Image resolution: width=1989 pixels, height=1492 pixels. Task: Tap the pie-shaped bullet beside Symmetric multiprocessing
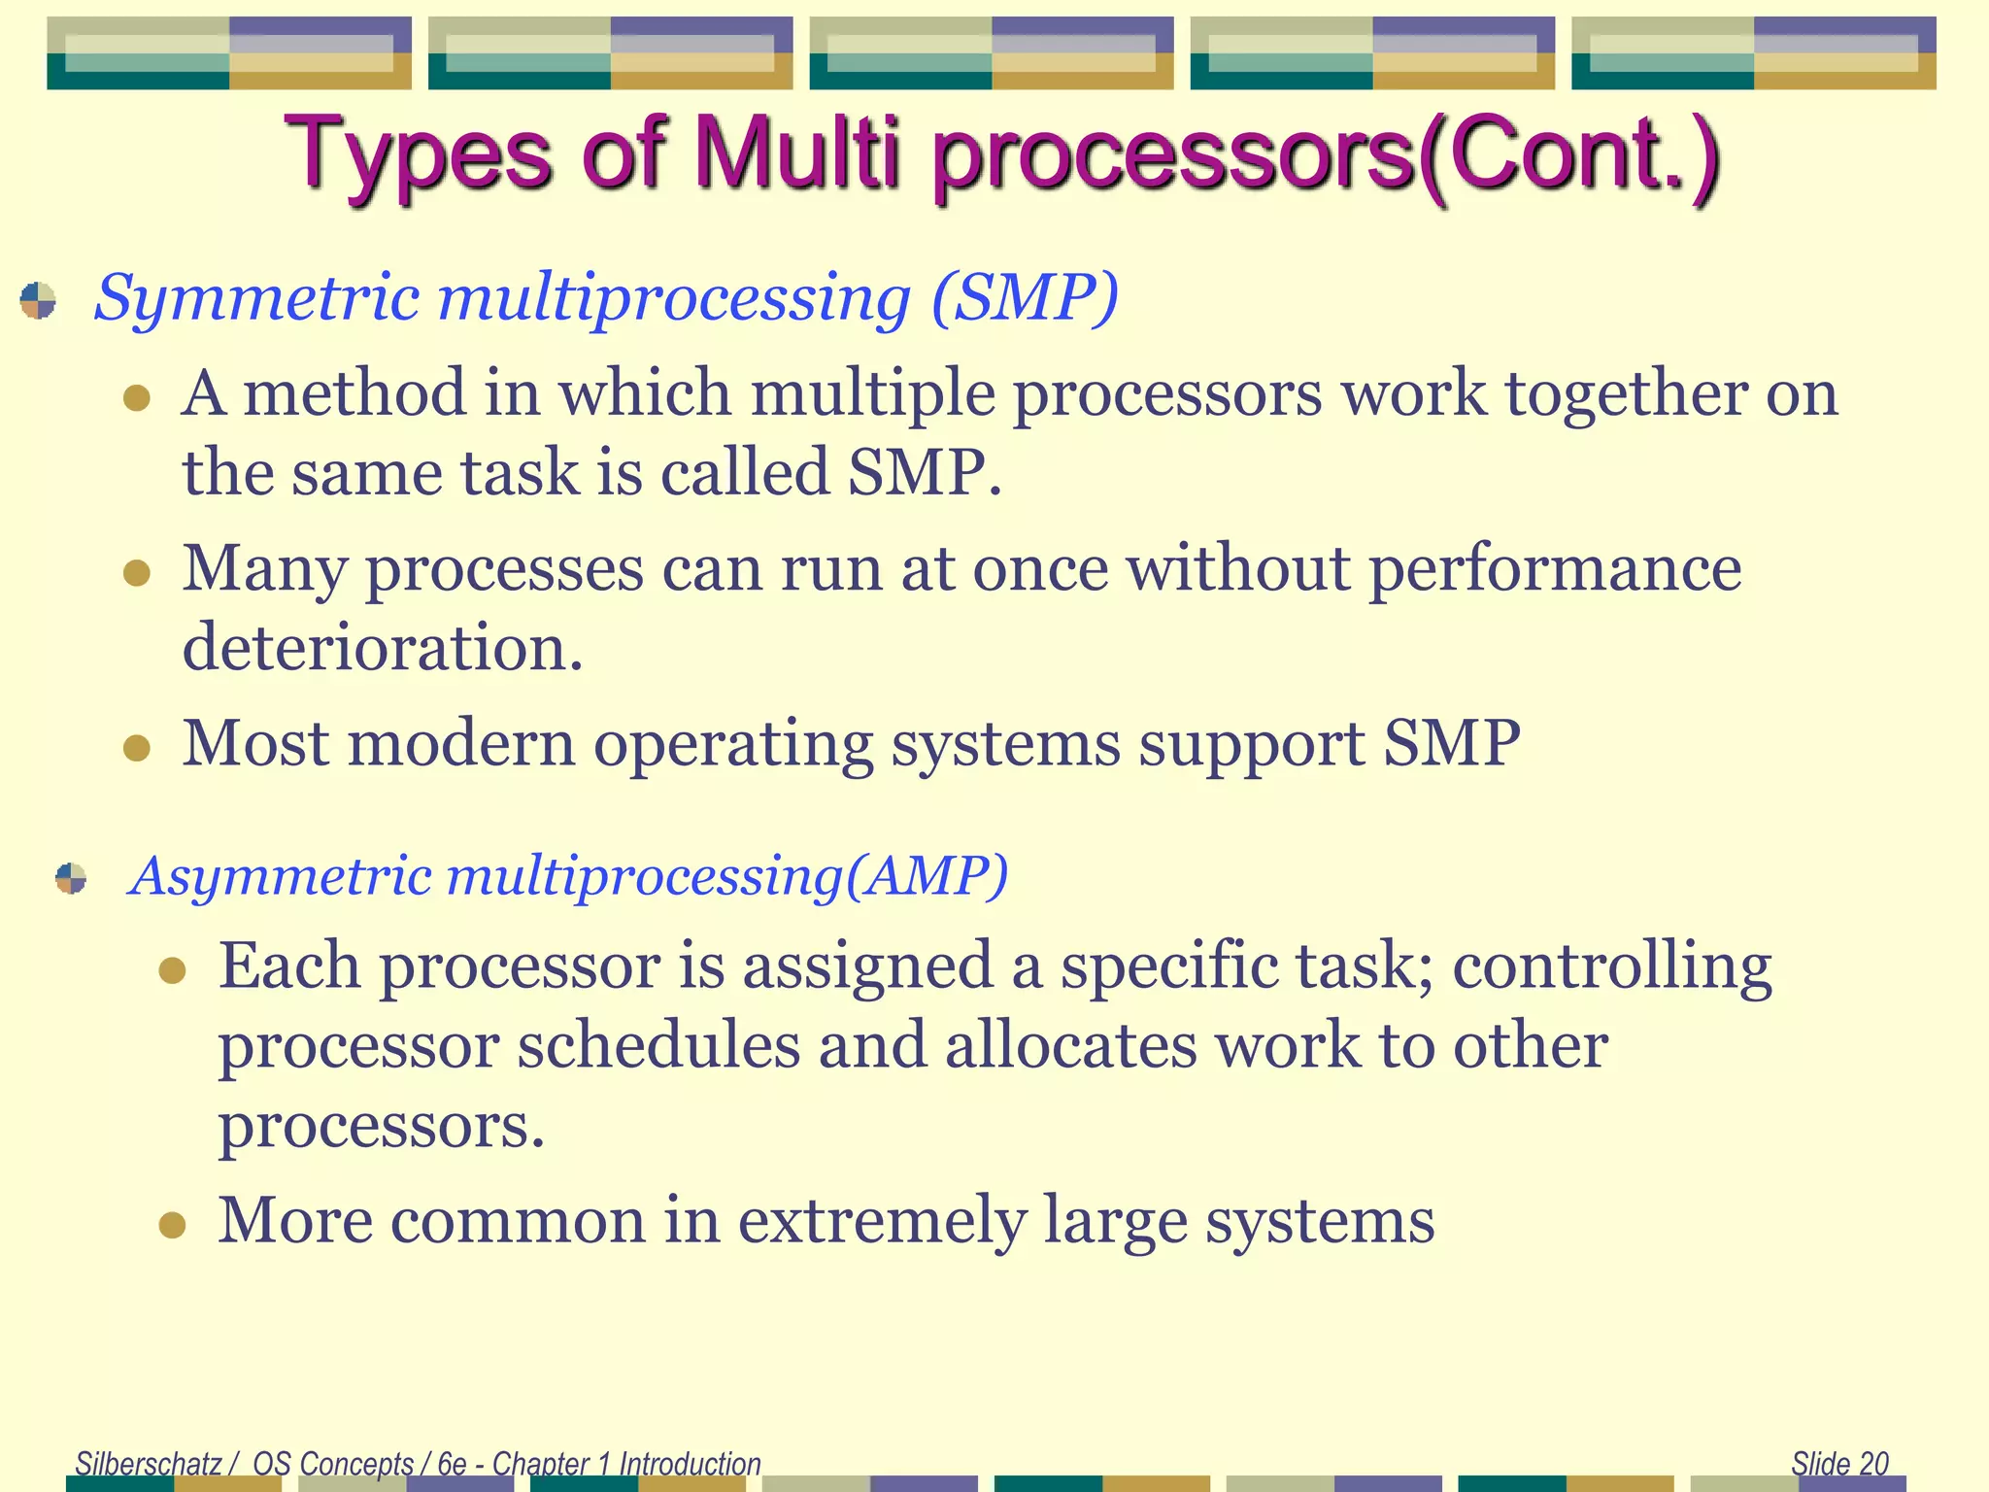point(38,300)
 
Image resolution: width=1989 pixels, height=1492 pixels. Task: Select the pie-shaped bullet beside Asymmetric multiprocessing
point(71,878)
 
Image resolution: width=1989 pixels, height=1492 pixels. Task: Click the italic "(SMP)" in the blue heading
point(1025,297)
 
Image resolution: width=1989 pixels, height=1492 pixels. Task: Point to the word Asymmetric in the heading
point(282,876)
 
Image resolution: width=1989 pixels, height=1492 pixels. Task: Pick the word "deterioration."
point(383,647)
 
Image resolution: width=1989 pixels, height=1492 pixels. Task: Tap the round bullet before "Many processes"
point(137,572)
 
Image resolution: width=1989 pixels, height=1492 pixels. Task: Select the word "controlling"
point(1612,967)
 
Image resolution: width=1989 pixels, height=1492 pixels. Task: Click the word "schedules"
point(657,1047)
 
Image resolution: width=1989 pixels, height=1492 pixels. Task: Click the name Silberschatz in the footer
point(149,1463)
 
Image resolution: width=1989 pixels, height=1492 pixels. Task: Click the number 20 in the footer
point(1873,1463)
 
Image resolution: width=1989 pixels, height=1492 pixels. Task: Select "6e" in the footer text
point(453,1463)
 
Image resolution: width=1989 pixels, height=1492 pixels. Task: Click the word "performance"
point(1555,569)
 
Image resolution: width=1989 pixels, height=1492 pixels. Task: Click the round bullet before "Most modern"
point(137,748)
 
